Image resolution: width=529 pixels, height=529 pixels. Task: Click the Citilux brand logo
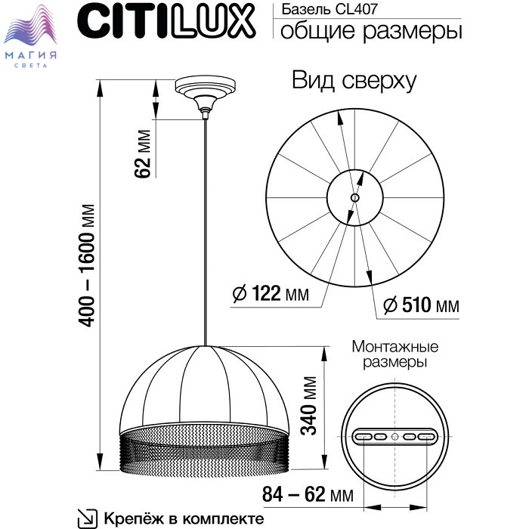coord(166,21)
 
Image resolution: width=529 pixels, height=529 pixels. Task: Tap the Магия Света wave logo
coord(31,36)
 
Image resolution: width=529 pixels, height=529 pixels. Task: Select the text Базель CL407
coord(329,9)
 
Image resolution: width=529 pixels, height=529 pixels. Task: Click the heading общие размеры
coord(371,32)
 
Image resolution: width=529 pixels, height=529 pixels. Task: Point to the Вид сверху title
coord(354,81)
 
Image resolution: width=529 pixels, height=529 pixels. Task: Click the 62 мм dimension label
coord(142,153)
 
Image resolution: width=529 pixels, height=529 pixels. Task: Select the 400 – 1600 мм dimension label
coord(86,265)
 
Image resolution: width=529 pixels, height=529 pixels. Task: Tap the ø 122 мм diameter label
coord(271,293)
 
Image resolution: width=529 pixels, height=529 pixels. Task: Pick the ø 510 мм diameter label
coord(421,305)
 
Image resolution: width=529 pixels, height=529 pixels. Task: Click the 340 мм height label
coord(308,406)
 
